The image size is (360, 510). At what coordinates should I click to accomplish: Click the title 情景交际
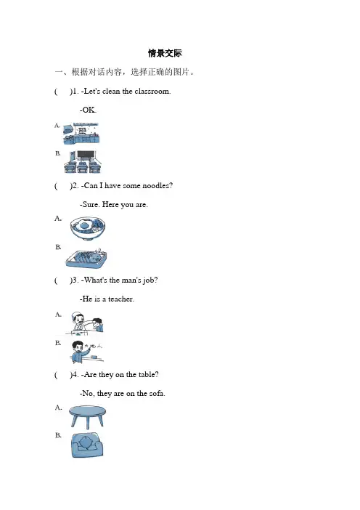pos(165,53)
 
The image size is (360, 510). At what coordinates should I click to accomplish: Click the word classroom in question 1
pos(152,91)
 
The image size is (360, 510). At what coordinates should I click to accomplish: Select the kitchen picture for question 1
pos(81,134)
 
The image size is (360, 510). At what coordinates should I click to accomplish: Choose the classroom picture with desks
pos(83,162)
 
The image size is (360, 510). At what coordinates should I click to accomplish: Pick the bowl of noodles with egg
pos(87,227)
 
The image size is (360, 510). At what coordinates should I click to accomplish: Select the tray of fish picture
pos(86,259)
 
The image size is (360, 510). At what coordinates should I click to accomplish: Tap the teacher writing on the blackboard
pos(86,352)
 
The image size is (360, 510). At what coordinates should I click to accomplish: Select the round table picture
pos(87,417)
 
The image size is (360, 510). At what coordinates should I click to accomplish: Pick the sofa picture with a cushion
pos(87,445)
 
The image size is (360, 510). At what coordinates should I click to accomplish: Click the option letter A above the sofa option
pos(58,408)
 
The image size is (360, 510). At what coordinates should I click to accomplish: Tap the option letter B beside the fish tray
pos(58,247)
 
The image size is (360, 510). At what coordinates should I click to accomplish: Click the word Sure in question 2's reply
pos(90,205)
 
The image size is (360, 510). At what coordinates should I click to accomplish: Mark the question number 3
pos(75,280)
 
